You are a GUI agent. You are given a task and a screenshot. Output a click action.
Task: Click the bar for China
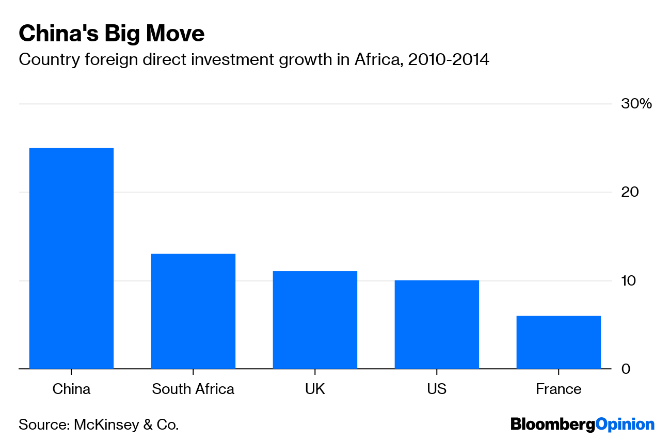tap(71, 258)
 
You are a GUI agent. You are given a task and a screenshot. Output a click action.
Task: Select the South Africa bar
tap(193, 311)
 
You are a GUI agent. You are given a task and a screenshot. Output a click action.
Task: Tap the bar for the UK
tap(315, 320)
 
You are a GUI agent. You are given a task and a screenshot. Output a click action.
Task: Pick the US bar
tap(437, 324)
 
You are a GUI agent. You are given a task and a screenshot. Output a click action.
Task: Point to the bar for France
tap(559, 342)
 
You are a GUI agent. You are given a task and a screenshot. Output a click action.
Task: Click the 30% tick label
tap(636, 104)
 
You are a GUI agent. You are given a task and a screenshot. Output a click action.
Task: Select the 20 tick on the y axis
tap(630, 192)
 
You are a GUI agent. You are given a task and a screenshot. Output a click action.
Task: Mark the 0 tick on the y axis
tap(626, 369)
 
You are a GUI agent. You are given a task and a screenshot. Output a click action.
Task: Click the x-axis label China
tap(71, 389)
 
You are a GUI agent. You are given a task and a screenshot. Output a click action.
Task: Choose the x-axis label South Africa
tap(193, 389)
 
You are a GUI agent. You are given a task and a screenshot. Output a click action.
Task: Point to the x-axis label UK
tap(315, 389)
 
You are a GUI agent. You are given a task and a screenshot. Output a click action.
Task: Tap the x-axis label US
tap(437, 389)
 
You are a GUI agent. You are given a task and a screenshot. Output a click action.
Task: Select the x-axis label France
tap(559, 389)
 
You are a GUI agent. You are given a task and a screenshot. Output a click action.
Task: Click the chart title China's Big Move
tap(111, 34)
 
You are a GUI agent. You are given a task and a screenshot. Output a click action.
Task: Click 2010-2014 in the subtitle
tap(448, 60)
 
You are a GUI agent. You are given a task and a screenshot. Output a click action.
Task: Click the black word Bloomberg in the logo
tap(552, 425)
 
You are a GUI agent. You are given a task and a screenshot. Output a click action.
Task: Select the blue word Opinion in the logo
tap(625, 425)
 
